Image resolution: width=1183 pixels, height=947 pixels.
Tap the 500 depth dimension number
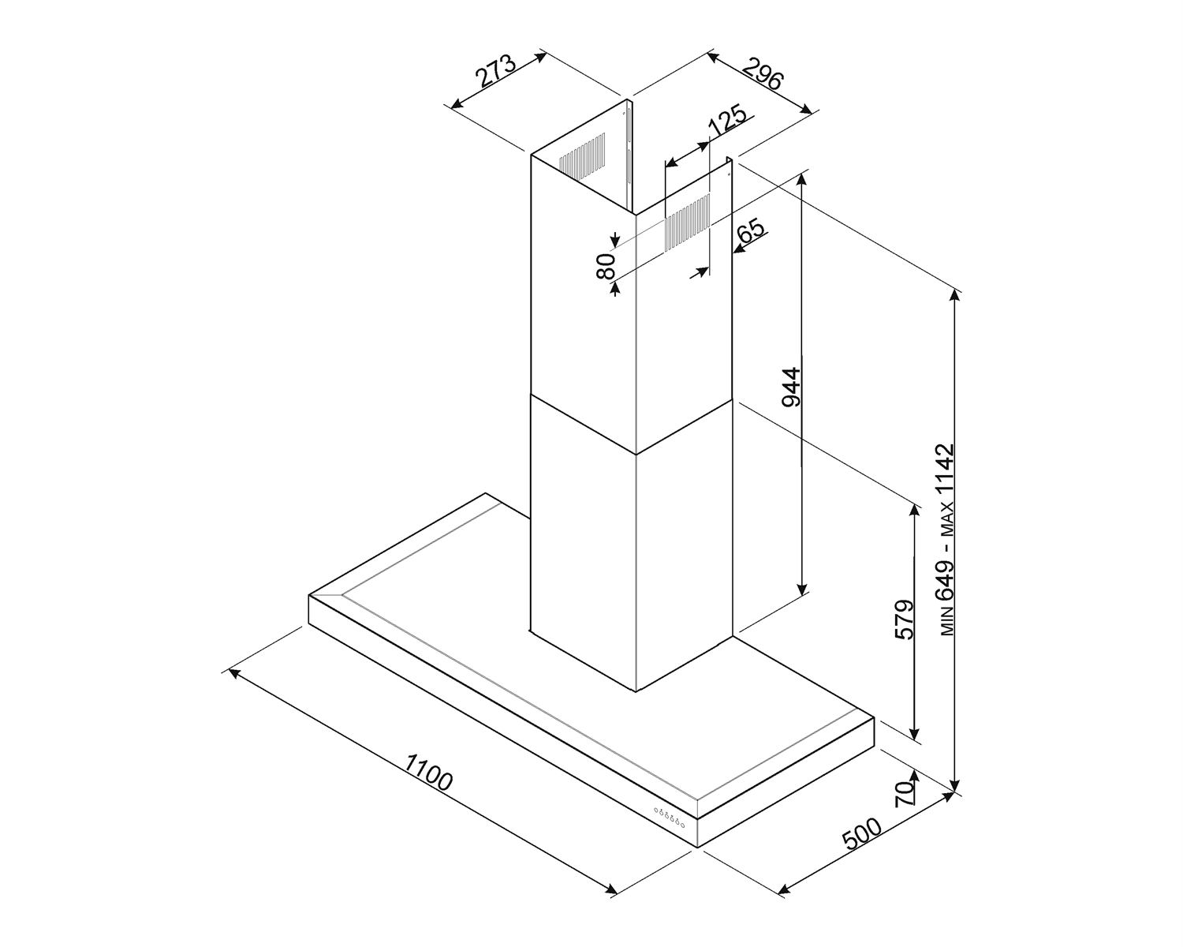click(x=862, y=834)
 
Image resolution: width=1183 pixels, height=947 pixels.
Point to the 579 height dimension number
click(x=905, y=619)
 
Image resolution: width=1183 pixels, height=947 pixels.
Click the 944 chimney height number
click(x=792, y=387)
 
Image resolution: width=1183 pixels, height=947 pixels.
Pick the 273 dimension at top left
click(x=496, y=71)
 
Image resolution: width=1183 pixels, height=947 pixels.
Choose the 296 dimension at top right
click(x=762, y=73)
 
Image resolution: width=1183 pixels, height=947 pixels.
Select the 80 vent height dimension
click(x=605, y=266)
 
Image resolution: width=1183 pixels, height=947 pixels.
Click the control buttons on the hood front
click(x=669, y=817)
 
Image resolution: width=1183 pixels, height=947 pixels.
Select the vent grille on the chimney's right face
click(x=688, y=223)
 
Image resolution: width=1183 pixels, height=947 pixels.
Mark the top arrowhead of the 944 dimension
click(x=802, y=179)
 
